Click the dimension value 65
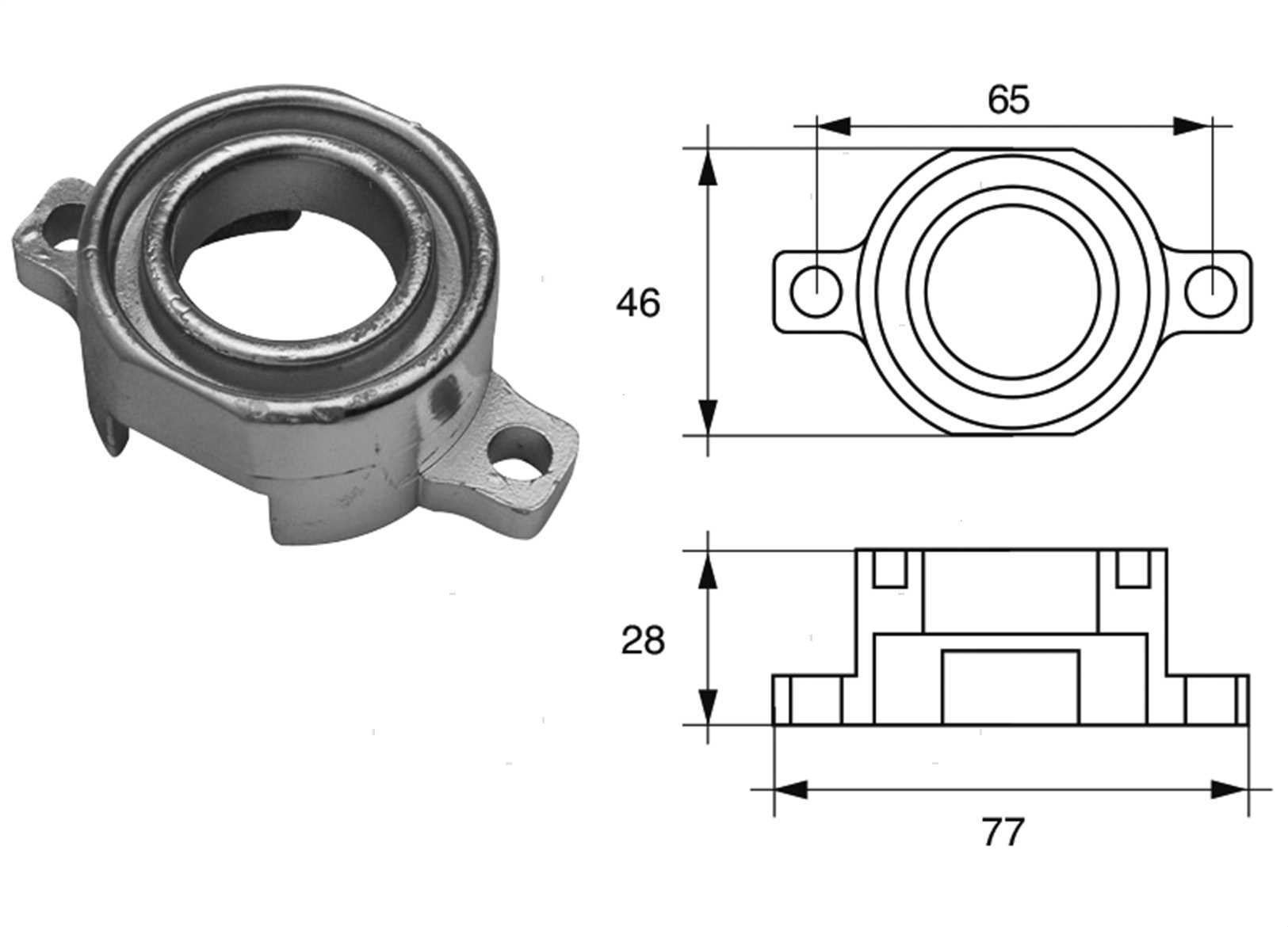coord(1008,100)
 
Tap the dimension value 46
coord(638,303)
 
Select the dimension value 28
coord(643,641)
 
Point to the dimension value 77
coord(1003,832)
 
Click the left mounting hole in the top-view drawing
coord(816,292)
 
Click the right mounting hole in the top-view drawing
coord(1210,292)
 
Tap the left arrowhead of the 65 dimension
coord(834,127)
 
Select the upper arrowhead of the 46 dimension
coord(708,167)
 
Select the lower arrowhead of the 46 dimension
coord(708,418)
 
